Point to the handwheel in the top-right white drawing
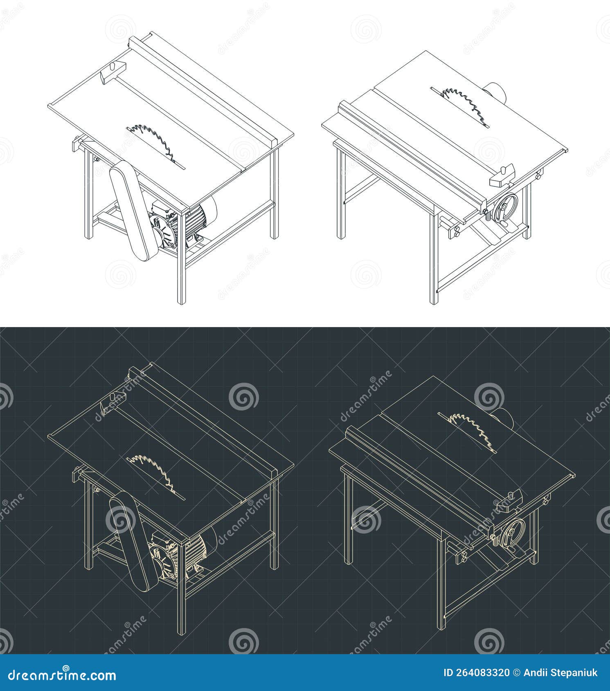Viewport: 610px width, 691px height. click(x=505, y=207)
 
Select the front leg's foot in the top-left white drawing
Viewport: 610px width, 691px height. click(x=181, y=302)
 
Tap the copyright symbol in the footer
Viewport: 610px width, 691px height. click(x=518, y=673)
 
